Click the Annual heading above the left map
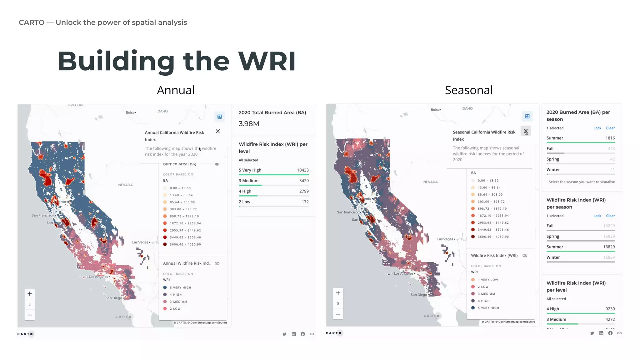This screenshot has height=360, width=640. pyautogui.click(x=176, y=90)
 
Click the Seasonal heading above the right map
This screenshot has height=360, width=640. pyautogui.click(x=469, y=90)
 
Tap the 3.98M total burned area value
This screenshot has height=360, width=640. pyautogui.click(x=249, y=124)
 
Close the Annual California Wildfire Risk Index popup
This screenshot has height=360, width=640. pyautogui.click(x=218, y=132)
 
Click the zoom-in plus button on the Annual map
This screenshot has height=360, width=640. pyautogui.click(x=30, y=294)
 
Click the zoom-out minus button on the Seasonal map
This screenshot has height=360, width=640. pyautogui.click(x=338, y=314)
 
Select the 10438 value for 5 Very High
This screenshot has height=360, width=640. pyautogui.click(x=302, y=170)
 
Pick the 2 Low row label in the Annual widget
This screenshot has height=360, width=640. pyautogui.click(x=244, y=202)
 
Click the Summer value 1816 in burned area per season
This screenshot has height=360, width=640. pyautogui.click(x=610, y=138)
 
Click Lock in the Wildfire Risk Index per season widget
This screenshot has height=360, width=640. pyautogui.click(x=597, y=216)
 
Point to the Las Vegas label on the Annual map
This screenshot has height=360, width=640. pyautogui.click(x=140, y=242)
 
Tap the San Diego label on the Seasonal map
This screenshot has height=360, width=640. pyautogui.click(x=418, y=295)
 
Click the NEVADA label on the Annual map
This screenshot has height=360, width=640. pyautogui.click(x=125, y=185)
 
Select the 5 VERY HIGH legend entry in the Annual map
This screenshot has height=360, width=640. pyautogui.click(x=180, y=287)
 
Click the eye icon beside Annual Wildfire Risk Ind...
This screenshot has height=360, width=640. pyautogui.click(x=217, y=263)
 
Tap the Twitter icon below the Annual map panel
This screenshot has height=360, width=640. pyautogui.click(x=284, y=334)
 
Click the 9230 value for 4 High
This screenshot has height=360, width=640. pyautogui.click(x=610, y=309)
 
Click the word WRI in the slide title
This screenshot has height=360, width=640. pyautogui.click(x=267, y=61)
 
